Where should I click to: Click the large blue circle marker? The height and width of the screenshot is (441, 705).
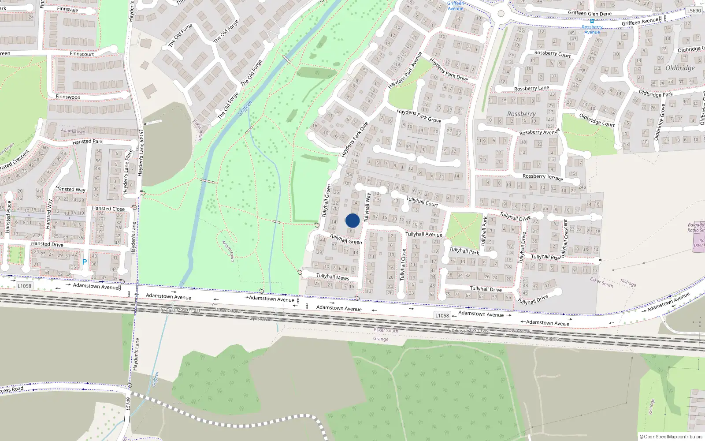[x=352, y=220]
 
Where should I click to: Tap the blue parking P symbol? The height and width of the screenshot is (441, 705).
[x=85, y=262]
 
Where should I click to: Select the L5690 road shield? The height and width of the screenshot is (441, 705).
[x=694, y=11]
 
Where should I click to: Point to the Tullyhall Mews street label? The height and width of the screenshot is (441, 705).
[x=333, y=277]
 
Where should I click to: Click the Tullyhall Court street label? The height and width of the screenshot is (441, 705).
[x=422, y=202]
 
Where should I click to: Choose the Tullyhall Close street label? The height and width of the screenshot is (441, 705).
[x=403, y=265]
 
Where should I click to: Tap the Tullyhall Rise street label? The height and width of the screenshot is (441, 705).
[x=545, y=257]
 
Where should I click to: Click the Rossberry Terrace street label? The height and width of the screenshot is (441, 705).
[x=543, y=177]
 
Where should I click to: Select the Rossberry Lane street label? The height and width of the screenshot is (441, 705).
[x=532, y=88]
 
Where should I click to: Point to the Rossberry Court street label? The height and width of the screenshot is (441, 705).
[x=553, y=54]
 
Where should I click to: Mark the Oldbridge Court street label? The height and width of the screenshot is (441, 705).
[x=597, y=120]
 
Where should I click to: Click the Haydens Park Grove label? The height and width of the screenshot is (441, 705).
[x=419, y=116]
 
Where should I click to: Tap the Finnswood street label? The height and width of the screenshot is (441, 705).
[x=68, y=97]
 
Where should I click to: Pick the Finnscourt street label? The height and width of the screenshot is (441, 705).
[x=82, y=54]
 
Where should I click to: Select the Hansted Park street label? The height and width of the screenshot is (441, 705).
[x=88, y=142]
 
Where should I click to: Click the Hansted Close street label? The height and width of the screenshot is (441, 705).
[x=108, y=209]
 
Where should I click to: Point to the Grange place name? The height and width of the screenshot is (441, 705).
[x=381, y=339]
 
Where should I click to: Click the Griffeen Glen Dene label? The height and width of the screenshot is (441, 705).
[x=590, y=13]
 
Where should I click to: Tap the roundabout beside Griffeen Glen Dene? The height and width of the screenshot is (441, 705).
[x=501, y=14]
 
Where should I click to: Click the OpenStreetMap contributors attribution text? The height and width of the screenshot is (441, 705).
[x=673, y=437]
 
